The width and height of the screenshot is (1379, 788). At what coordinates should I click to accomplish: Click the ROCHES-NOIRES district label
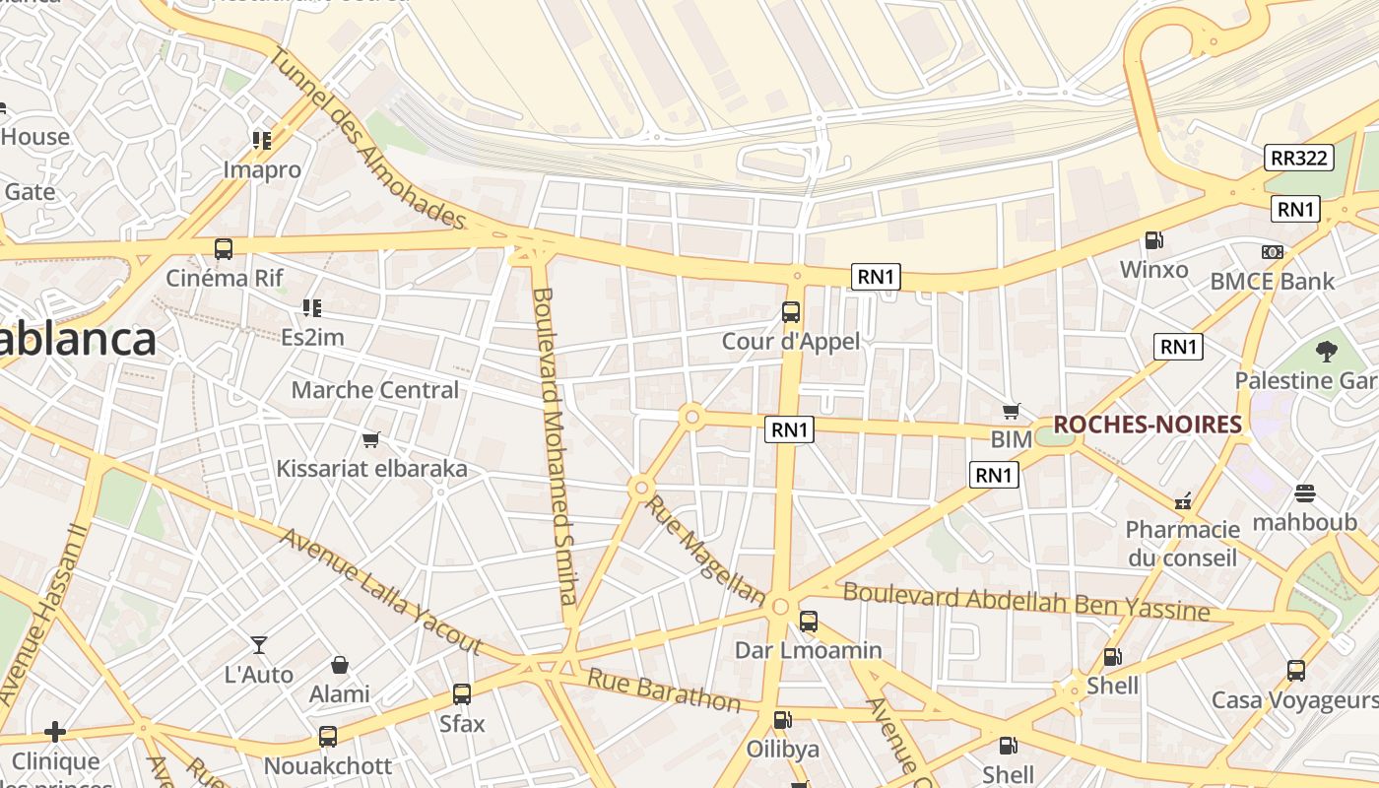click(x=1147, y=425)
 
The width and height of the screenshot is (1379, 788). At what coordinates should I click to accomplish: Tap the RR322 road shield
click(x=1299, y=158)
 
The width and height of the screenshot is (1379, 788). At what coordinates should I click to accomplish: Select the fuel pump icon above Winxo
click(x=1153, y=240)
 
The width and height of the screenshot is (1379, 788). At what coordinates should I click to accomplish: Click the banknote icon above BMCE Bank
click(x=1273, y=252)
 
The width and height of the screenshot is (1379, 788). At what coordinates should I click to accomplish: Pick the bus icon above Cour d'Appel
click(x=790, y=312)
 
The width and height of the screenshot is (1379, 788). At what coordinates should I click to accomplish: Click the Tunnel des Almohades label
click(x=366, y=137)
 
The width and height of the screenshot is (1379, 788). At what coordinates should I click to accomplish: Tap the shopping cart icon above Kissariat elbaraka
click(x=371, y=439)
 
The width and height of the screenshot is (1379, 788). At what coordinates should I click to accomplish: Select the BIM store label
click(x=1011, y=439)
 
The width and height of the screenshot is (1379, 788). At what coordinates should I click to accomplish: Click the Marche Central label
click(x=375, y=390)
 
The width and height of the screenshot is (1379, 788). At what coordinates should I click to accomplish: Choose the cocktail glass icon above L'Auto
click(x=259, y=645)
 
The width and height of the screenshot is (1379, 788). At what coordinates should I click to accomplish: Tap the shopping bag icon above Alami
click(x=340, y=665)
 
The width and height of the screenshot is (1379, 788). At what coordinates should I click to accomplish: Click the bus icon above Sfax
click(x=462, y=694)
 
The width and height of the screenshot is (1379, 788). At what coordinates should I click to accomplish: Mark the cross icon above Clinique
click(x=55, y=732)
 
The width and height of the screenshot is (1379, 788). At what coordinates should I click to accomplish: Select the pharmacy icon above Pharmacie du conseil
click(x=1183, y=501)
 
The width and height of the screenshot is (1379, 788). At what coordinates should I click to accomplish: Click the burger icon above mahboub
click(x=1305, y=493)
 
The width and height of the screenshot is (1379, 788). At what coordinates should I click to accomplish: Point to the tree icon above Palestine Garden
click(x=1327, y=352)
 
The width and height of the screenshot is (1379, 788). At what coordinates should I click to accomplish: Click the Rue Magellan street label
click(x=704, y=551)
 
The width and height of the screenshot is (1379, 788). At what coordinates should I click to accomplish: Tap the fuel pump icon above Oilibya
click(x=782, y=720)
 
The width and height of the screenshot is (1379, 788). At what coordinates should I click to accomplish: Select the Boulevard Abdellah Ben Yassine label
click(x=1026, y=601)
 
